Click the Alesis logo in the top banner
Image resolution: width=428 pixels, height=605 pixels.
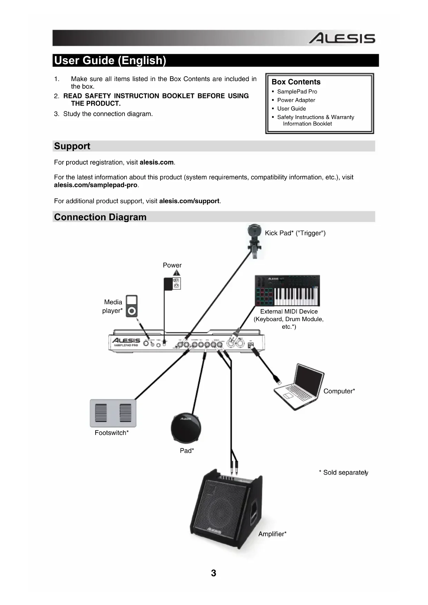[341, 38]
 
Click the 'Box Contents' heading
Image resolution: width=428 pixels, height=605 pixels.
[296, 82]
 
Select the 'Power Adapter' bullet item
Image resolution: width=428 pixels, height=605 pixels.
[296, 100]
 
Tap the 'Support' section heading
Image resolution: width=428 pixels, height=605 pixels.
[72, 146]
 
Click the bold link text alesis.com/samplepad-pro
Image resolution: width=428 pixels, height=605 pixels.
[96, 185]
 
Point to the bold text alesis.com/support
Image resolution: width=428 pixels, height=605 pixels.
[189, 201]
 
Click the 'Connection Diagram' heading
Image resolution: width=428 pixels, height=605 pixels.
[100, 217]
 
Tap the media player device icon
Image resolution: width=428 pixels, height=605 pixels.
[131, 306]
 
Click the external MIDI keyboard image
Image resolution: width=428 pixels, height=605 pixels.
[287, 290]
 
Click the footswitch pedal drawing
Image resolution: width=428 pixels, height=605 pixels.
[113, 413]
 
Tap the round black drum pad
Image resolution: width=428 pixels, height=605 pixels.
[186, 427]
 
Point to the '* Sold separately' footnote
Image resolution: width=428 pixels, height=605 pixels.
[343, 473]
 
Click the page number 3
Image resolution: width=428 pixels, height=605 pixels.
[213, 573]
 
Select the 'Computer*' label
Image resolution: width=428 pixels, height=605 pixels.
[339, 391]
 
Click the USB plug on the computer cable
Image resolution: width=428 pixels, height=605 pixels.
[277, 380]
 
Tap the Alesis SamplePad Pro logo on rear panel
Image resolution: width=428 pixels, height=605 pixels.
[126, 342]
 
